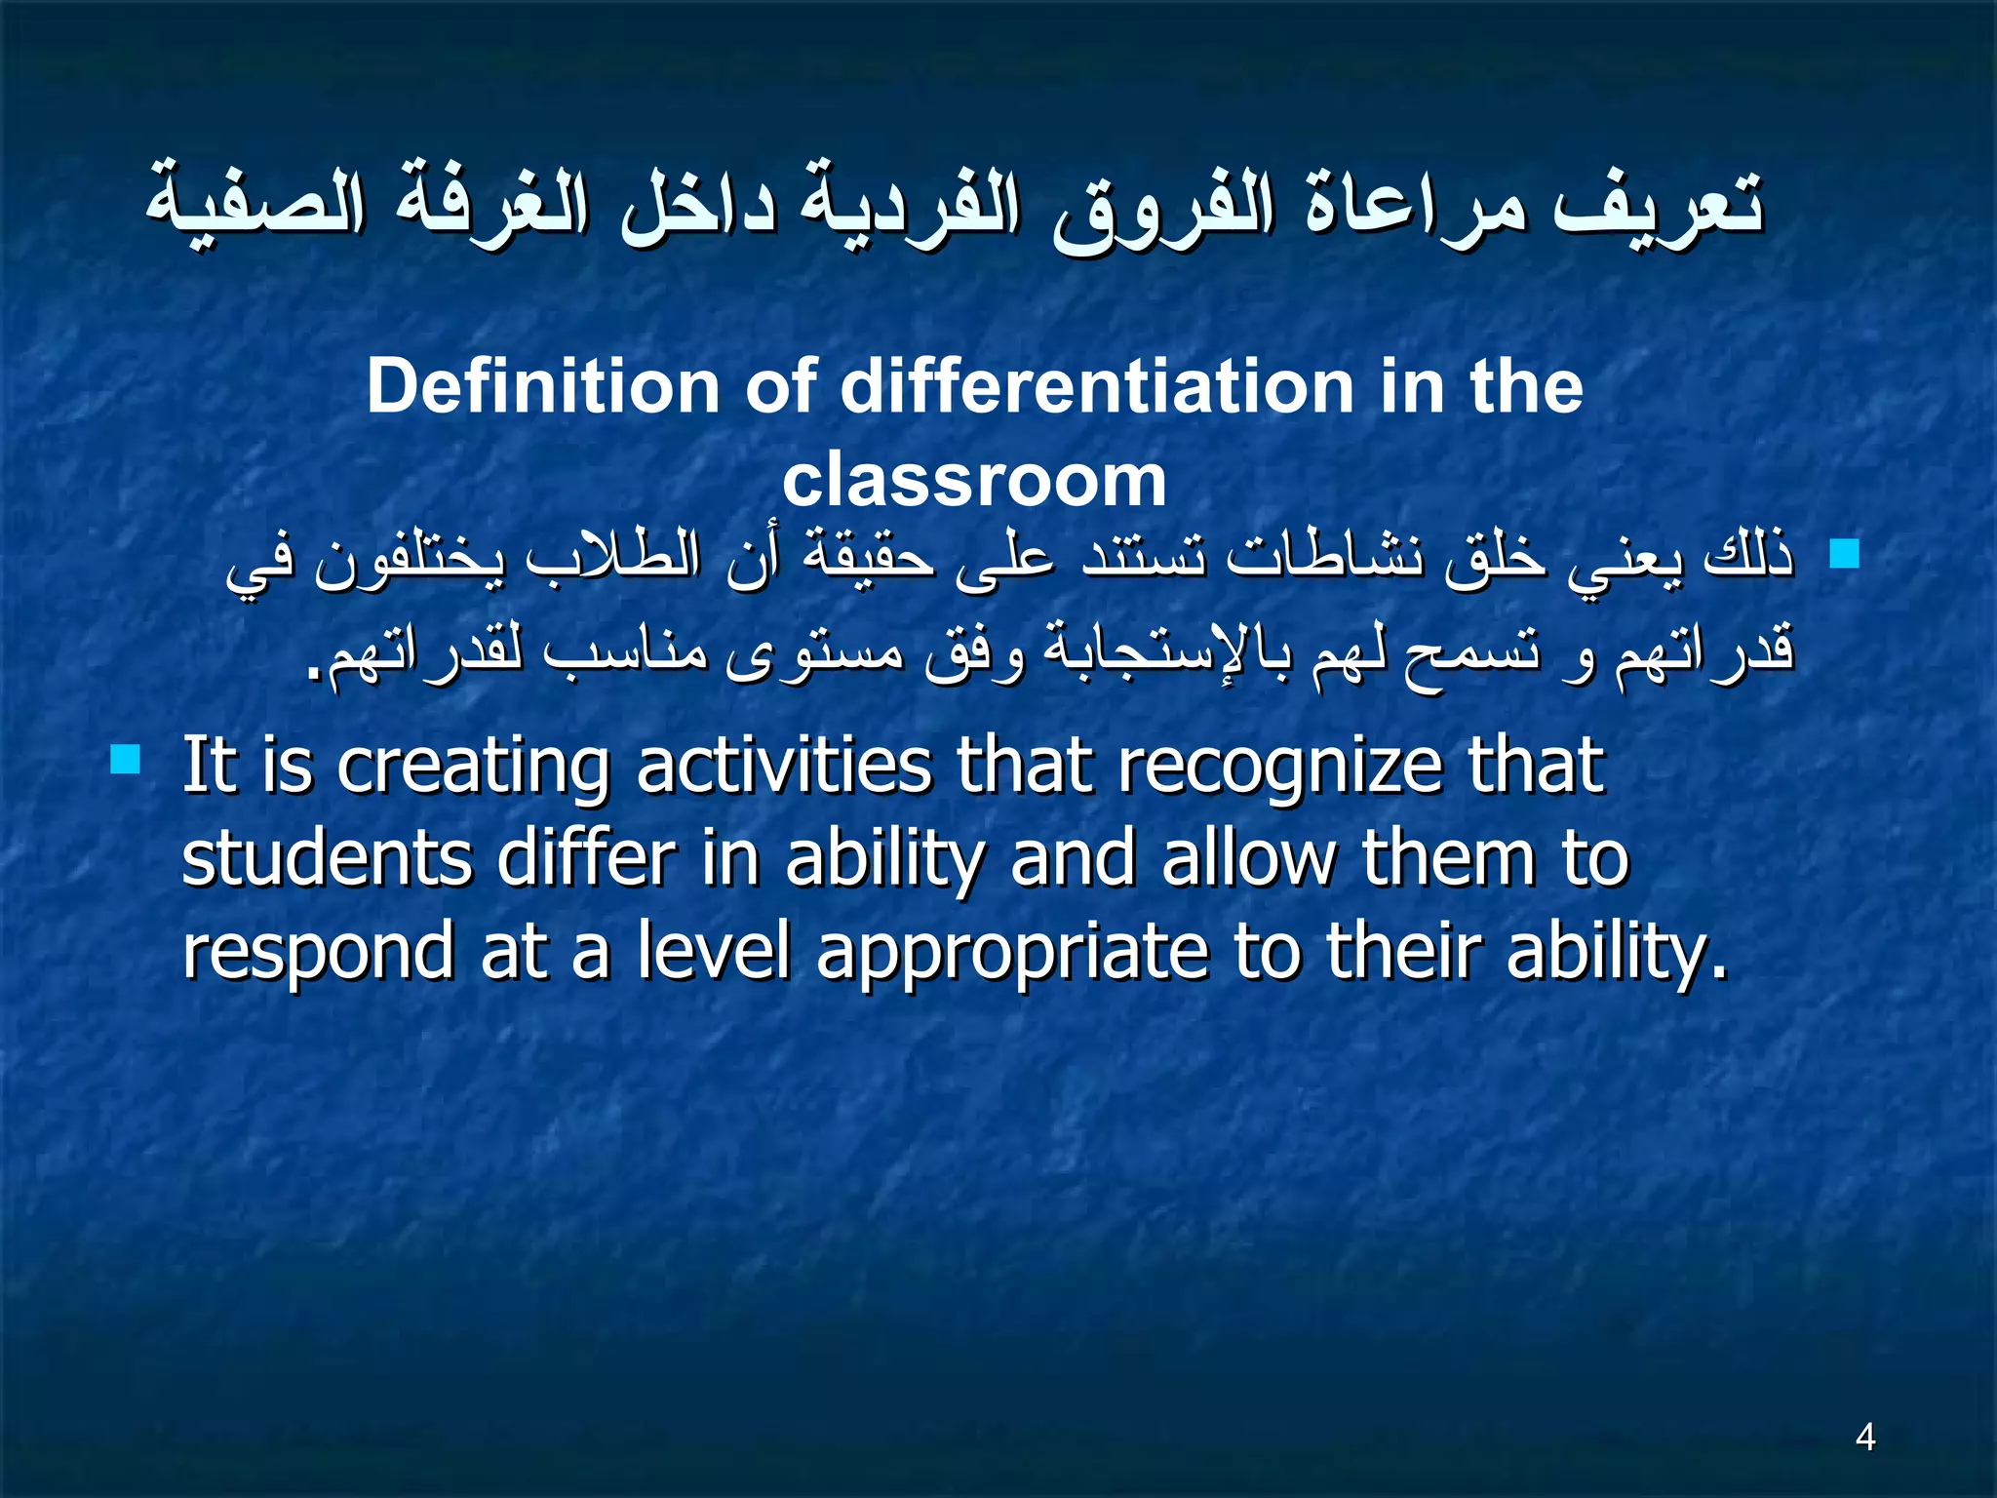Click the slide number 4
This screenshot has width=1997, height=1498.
pos(1865,1437)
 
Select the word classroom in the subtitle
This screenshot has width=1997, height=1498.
pos(974,481)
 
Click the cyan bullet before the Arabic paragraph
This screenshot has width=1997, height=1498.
pos(1845,555)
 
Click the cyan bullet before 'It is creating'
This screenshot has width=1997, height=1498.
pos(126,759)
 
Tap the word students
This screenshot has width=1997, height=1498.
pos(327,859)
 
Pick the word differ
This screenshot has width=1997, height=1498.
pos(586,859)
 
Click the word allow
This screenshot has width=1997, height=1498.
pos(1249,859)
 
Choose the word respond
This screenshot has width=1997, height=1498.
pos(318,954)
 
